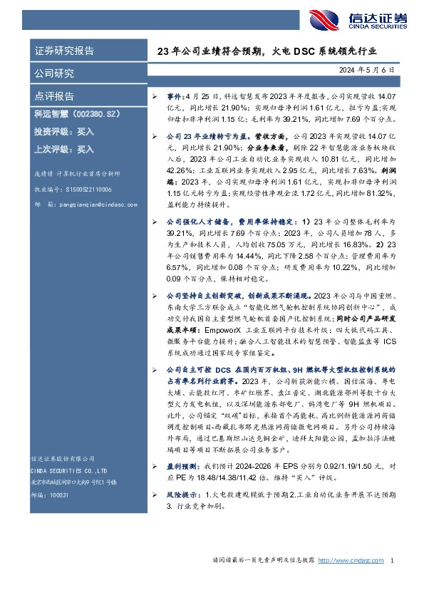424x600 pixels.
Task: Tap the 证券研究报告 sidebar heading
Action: click(64, 51)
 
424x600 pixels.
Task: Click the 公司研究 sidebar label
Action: click(54, 73)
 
